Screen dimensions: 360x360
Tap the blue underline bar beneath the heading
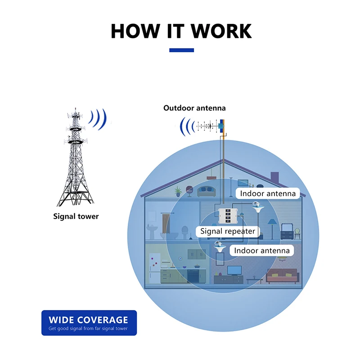pyautogui.click(x=181, y=50)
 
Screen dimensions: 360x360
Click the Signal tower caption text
pyautogui.click(x=76, y=216)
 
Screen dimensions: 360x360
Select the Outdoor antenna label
pyautogui.click(x=194, y=108)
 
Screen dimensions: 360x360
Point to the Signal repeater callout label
pyautogui.click(x=228, y=231)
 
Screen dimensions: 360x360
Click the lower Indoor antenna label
pyautogui.click(x=262, y=250)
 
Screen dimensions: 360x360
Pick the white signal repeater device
pyautogui.click(x=229, y=217)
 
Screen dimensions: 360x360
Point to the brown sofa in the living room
pyautogui.click(x=282, y=275)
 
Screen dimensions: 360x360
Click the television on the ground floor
pyautogui.click(x=235, y=270)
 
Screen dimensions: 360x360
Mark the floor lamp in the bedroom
pyautogui.click(x=271, y=225)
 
